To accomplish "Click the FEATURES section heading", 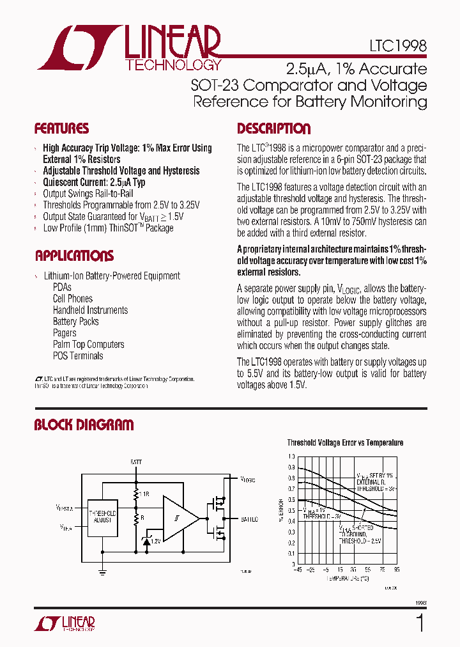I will (x=61, y=129).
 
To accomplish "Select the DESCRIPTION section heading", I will (x=273, y=129).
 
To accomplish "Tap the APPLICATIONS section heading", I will (x=74, y=256).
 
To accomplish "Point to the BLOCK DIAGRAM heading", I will (x=84, y=425).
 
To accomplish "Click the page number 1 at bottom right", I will (x=420, y=623).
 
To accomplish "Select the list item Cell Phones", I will (x=72, y=299).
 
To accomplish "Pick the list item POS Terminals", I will (x=77, y=356).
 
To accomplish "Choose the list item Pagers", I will (x=65, y=333).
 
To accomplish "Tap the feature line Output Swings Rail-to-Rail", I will (x=88, y=194).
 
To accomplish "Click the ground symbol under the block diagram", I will (x=103, y=573).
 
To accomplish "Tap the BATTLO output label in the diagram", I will (x=249, y=519).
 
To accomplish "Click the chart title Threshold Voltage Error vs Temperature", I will (x=345, y=442).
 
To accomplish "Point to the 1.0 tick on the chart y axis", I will (x=292, y=457).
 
